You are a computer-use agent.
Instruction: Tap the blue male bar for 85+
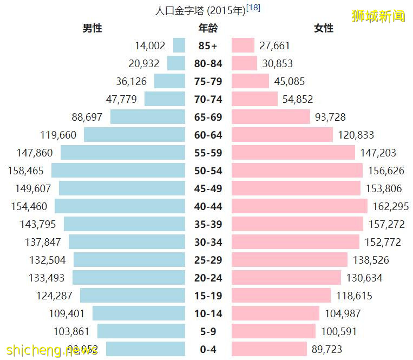point(179,45)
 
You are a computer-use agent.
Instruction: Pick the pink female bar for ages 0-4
point(269,349)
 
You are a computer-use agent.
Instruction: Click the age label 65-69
point(208,117)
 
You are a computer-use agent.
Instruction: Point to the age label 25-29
point(208,260)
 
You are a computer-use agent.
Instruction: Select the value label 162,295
point(391,206)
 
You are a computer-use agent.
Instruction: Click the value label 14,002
point(150,46)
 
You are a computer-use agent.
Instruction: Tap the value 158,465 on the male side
point(26,171)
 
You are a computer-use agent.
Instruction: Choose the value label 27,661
point(278,46)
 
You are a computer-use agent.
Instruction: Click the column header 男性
point(92,28)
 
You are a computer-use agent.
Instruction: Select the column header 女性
point(324,28)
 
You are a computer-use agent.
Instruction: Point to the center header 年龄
point(208,28)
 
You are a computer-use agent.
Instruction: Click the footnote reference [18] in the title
point(253,9)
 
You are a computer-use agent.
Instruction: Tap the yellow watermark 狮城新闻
point(378,16)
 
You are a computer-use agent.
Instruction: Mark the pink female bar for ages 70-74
point(254,99)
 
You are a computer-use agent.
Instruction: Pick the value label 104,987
point(343,313)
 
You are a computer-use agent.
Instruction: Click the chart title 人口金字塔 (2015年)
point(200,10)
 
